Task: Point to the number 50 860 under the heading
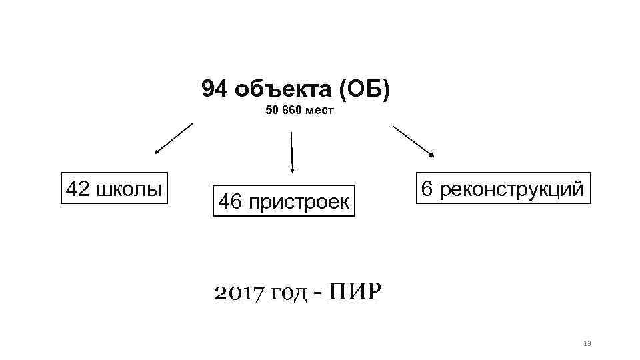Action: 284,111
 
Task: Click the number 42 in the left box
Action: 77,189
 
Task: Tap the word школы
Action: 129,189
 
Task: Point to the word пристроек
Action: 298,202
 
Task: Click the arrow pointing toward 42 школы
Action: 173,139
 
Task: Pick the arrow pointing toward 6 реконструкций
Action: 413,141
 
